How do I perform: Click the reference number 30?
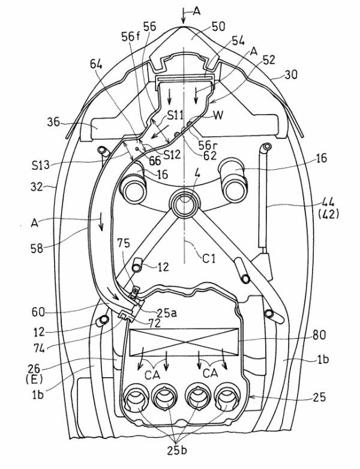point(290,76)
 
